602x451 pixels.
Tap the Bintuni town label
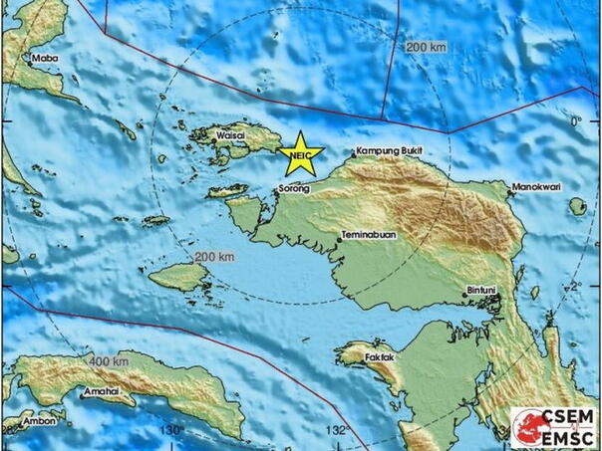[x=483, y=291]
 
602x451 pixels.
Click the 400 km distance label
[x=105, y=359]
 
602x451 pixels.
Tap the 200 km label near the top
[x=426, y=47]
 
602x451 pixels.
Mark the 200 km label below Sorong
[x=214, y=257]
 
